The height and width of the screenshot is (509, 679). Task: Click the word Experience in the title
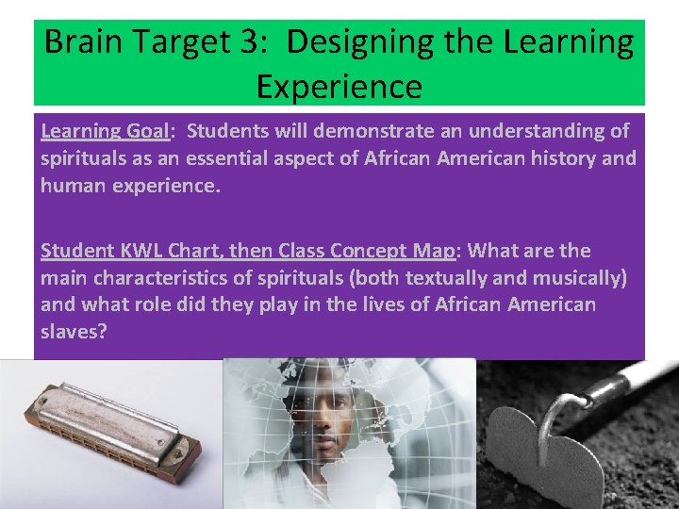(x=339, y=87)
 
